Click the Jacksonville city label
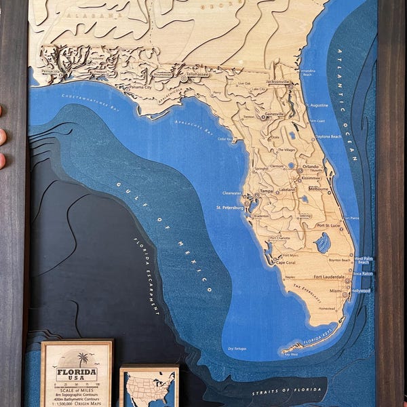tap(277, 81)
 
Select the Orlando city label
tap(311, 166)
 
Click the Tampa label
tap(266, 191)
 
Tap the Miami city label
tap(335, 290)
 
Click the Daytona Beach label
tap(328, 136)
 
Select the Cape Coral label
tap(285, 262)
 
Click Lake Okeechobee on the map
tap(323, 242)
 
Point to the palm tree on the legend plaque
tap(82, 358)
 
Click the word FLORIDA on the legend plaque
tap(76, 373)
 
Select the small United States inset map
tap(149, 388)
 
